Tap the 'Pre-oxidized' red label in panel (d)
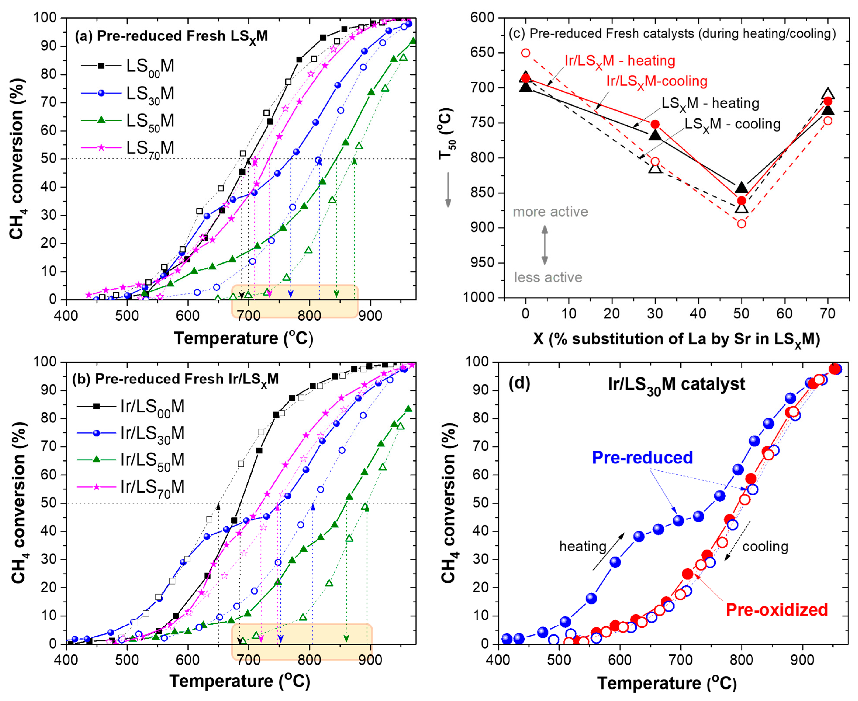coord(777,610)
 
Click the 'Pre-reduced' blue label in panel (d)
coord(642,458)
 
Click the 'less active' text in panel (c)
coord(548,278)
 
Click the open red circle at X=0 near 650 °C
coord(526,53)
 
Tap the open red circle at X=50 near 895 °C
coord(741,224)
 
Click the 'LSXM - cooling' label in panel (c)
coord(732,124)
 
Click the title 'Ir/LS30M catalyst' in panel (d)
coord(676,384)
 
